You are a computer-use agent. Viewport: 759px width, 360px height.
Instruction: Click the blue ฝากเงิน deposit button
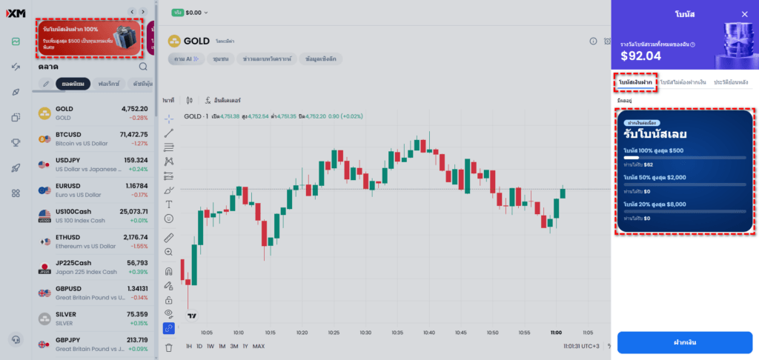point(685,342)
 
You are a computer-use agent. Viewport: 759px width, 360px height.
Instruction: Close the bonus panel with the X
point(744,14)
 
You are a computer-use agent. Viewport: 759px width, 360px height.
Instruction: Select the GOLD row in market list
point(95,113)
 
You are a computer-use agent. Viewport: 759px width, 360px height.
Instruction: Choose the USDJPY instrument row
point(95,164)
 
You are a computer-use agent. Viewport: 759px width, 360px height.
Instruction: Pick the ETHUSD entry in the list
point(95,241)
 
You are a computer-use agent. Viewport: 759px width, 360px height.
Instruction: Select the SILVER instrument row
point(95,319)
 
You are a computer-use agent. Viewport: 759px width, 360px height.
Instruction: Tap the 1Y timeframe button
point(245,346)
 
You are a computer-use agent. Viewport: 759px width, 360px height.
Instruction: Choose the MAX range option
point(259,346)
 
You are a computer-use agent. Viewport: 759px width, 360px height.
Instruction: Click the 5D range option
point(199,346)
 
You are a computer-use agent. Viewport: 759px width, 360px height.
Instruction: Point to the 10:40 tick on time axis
point(428,333)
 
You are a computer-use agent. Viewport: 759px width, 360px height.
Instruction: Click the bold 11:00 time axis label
point(556,333)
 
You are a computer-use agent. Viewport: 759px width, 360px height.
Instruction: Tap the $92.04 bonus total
point(640,55)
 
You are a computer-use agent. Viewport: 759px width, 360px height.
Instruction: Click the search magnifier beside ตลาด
point(143,67)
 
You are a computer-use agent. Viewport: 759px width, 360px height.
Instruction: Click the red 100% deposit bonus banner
point(89,39)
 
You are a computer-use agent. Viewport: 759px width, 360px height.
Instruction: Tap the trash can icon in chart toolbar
point(169,347)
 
